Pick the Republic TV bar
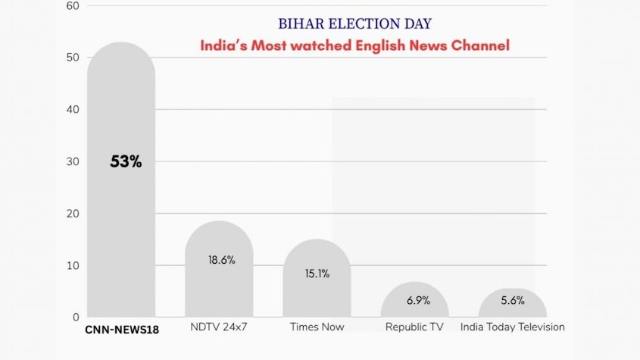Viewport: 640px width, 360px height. (414, 308)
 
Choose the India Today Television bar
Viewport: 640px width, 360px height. (513, 309)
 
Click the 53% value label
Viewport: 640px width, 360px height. (126, 161)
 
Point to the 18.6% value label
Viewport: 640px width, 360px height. (221, 260)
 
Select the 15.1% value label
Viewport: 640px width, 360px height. (317, 274)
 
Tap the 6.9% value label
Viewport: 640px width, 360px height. (418, 300)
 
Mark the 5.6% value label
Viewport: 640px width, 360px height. (513, 300)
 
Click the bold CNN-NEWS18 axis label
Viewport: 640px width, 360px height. (121, 328)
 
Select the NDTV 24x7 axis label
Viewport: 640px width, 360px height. (219, 327)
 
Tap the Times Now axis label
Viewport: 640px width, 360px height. (317, 327)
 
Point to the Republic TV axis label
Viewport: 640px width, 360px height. (414, 327)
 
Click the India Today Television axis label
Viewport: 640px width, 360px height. (513, 327)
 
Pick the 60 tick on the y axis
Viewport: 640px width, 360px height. (73, 6)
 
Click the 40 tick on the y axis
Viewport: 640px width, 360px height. (73, 110)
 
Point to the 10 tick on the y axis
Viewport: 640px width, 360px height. (73, 265)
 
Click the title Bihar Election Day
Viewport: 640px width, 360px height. (354, 24)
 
